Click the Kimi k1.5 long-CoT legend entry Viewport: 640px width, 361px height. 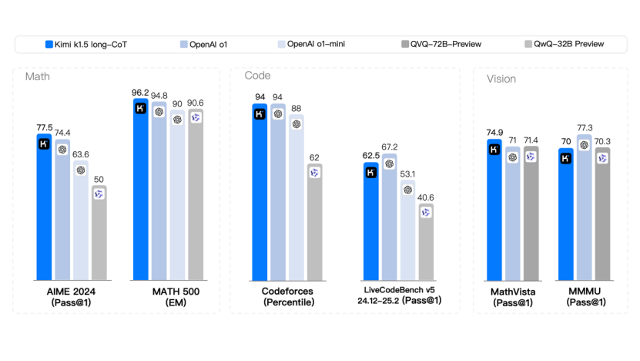coord(85,45)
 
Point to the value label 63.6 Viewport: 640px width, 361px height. coord(80,154)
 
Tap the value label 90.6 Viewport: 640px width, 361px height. coord(195,103)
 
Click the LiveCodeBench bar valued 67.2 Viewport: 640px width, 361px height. coord(389,217)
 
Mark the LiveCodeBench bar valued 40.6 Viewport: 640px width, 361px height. coord(426,243)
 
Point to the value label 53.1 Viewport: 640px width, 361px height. coord(407,174)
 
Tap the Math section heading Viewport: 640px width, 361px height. coord(38,76)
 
